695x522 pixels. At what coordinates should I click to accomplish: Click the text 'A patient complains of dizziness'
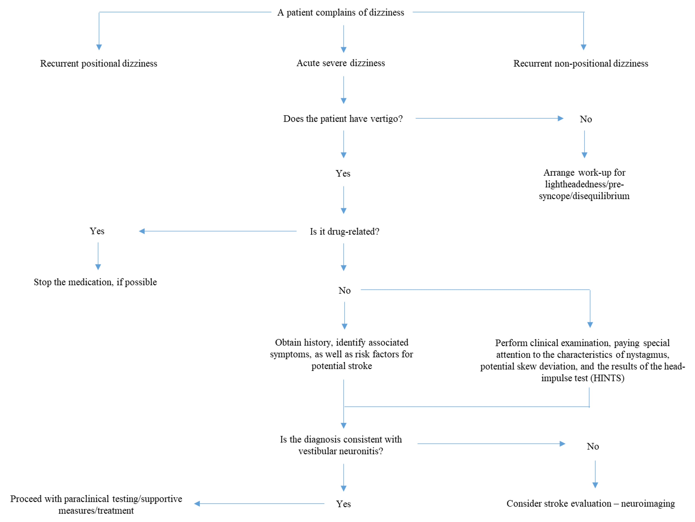click(341, 13)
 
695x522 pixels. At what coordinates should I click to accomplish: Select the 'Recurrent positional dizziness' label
click(99, 64)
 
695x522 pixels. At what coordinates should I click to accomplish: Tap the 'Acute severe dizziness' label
click(341, 63)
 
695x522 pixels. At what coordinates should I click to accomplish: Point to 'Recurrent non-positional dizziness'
click(581, 64)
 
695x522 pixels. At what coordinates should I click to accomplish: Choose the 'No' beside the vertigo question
click(586, 119)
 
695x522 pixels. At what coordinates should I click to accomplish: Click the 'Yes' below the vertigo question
click(343, 174)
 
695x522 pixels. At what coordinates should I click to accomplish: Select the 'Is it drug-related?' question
click(344, 232)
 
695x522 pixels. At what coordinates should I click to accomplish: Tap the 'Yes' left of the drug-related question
click(97, 231)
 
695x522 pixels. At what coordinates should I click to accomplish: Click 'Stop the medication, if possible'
click(95, 282)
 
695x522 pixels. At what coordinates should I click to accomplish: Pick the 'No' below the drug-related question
click(344, 291)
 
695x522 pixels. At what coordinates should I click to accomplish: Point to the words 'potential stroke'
click(341, 366)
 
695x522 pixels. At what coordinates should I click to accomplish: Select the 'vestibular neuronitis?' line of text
click(341, 451)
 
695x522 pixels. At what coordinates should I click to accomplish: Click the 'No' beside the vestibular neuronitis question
click(593, 447)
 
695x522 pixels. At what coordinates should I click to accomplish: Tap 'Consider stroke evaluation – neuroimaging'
click(590, 503)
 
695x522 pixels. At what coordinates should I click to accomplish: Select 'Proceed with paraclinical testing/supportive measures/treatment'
click(96, 504)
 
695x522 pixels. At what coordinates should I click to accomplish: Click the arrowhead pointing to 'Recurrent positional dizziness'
click(99, 47)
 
